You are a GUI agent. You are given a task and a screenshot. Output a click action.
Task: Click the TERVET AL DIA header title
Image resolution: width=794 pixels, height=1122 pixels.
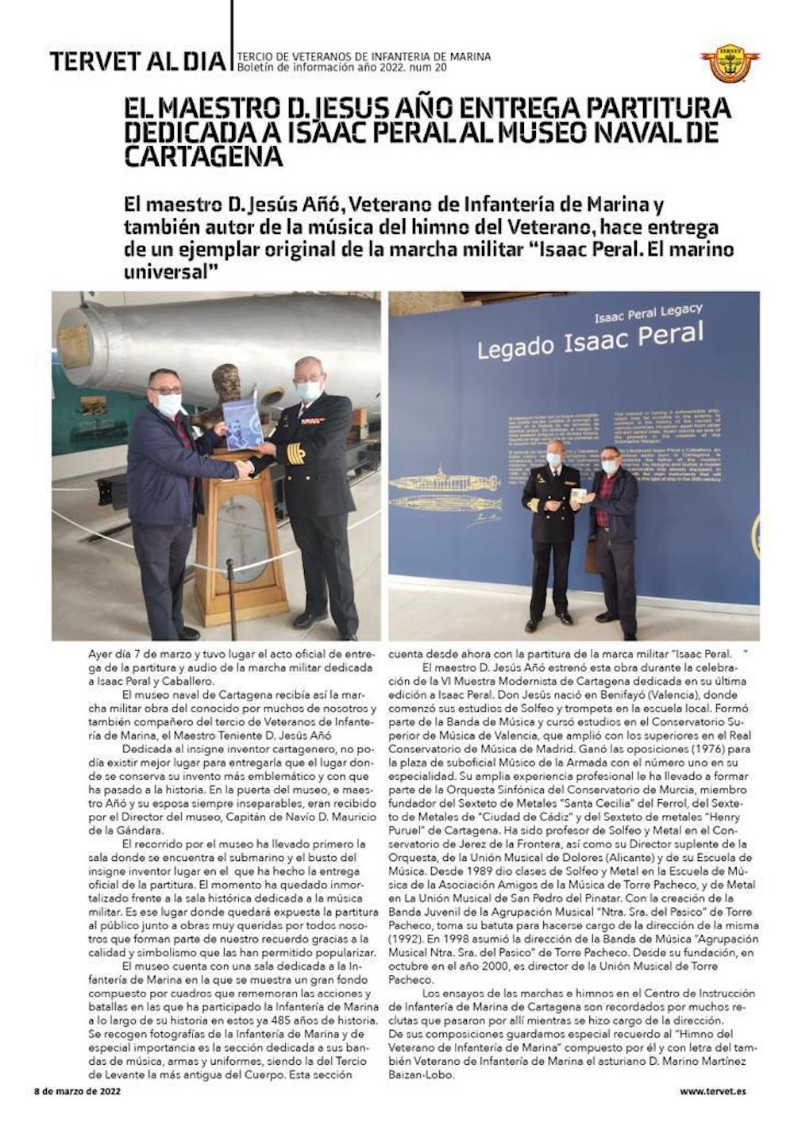(137, 60)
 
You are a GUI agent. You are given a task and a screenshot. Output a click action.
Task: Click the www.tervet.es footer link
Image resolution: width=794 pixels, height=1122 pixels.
(712, 1090)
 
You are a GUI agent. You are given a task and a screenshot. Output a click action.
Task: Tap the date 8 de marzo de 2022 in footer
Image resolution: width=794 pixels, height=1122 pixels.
(77, 1090)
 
